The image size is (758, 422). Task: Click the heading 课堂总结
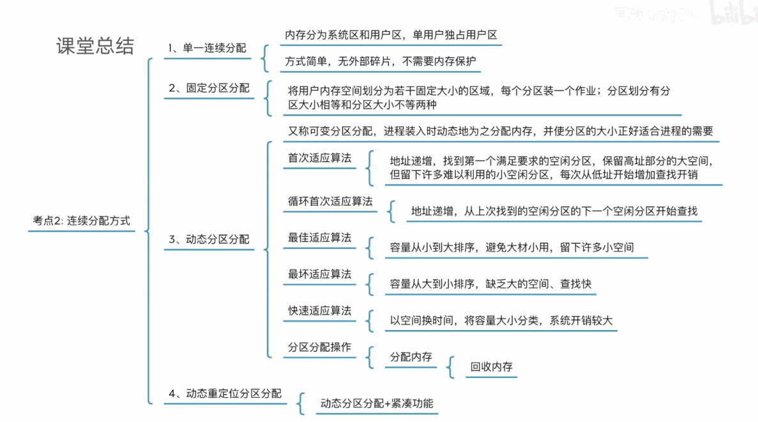95,47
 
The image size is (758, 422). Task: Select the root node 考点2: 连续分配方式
82,221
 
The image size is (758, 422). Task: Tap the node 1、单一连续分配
207,48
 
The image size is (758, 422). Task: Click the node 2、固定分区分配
209,88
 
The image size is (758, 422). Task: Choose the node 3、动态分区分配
209,239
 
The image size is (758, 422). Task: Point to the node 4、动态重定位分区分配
225,394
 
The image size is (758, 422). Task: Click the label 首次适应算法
319,158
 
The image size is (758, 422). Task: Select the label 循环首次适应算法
330,201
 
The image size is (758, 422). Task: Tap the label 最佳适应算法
319,237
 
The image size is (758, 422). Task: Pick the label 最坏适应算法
319,275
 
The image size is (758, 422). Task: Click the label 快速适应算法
319,311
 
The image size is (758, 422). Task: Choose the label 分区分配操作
319,347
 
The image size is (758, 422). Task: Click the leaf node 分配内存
411,357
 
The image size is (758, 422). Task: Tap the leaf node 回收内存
491,367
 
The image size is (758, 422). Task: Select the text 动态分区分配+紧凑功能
377,403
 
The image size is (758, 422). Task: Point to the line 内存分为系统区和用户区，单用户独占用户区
391,34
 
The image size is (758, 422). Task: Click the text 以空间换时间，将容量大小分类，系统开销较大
501,320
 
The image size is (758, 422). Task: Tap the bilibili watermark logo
734,14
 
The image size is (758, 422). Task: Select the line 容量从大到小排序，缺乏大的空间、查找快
490,283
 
